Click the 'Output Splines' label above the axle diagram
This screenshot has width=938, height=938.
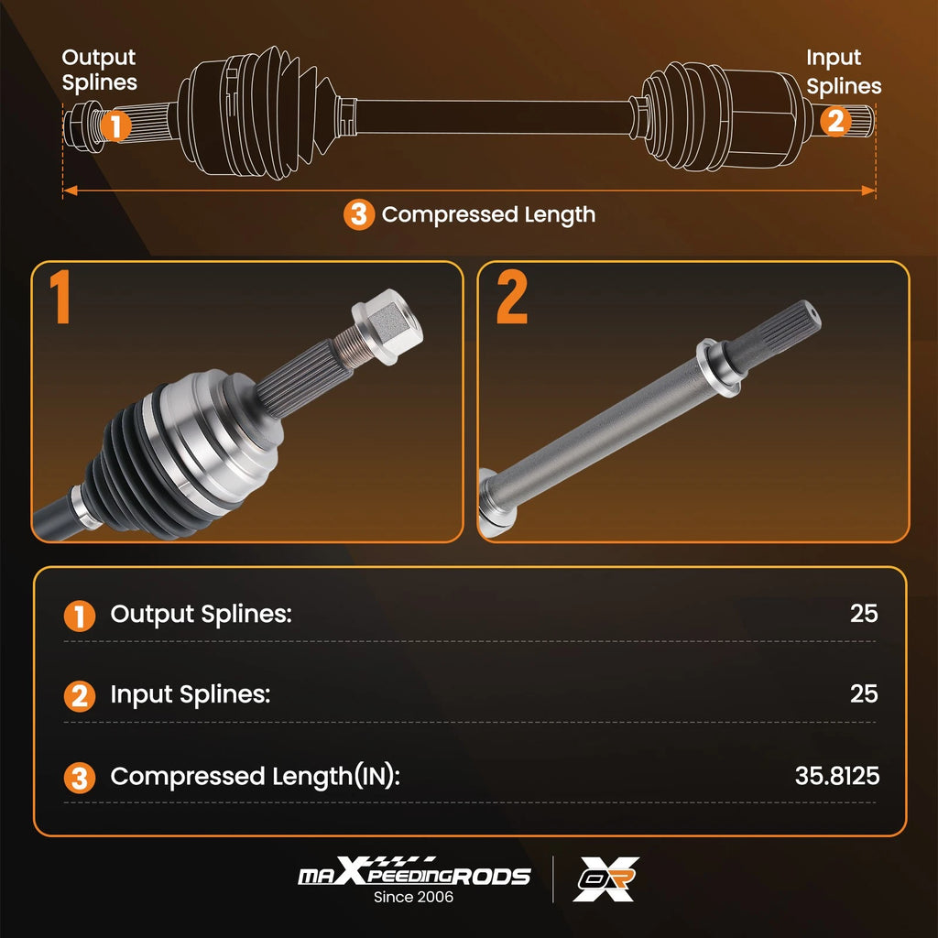pyautogui.click(x=99, y=70)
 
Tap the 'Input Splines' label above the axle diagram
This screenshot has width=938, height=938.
pyautogui.click(x=844, y=71)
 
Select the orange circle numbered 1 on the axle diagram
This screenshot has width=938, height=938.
pyautogui.click(x=115, y=125)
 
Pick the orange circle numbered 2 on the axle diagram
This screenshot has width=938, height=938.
pyautogui.click(x=835, y=121)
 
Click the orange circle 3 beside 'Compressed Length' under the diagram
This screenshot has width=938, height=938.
pyautogui.click(x=359, y=214)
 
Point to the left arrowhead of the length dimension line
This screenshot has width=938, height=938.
pyautogui.click(x=71, y=191)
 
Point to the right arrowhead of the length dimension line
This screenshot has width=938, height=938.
pyautogui.click(x=868, y=191)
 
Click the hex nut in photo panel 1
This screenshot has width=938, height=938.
pyautogui.click(x=387, y=326)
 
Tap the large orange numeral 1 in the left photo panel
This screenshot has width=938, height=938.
pyautogui.click(x=60, y=297)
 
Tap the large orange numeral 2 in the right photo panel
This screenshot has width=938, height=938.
pyautogui.click(x=512, y=297)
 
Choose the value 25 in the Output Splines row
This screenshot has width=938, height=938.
pyautogui.click(x=864, y=613)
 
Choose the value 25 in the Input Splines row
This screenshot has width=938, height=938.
pyautogui.click(x=864, y=693)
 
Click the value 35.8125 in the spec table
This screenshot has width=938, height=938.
pyautogui.click(x=837, y=776)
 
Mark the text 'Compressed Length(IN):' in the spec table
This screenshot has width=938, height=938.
pyautogui.click(x=255, y=777)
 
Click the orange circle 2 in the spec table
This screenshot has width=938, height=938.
pyautogui.click(x=80, y=696)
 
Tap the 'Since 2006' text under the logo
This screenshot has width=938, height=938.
pyautogui.click(x=413, y=897)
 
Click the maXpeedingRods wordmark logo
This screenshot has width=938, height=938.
pyautogui.click(x=414, y=872)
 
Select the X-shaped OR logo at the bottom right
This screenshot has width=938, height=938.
pyautogui.click(x=606, y=878)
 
